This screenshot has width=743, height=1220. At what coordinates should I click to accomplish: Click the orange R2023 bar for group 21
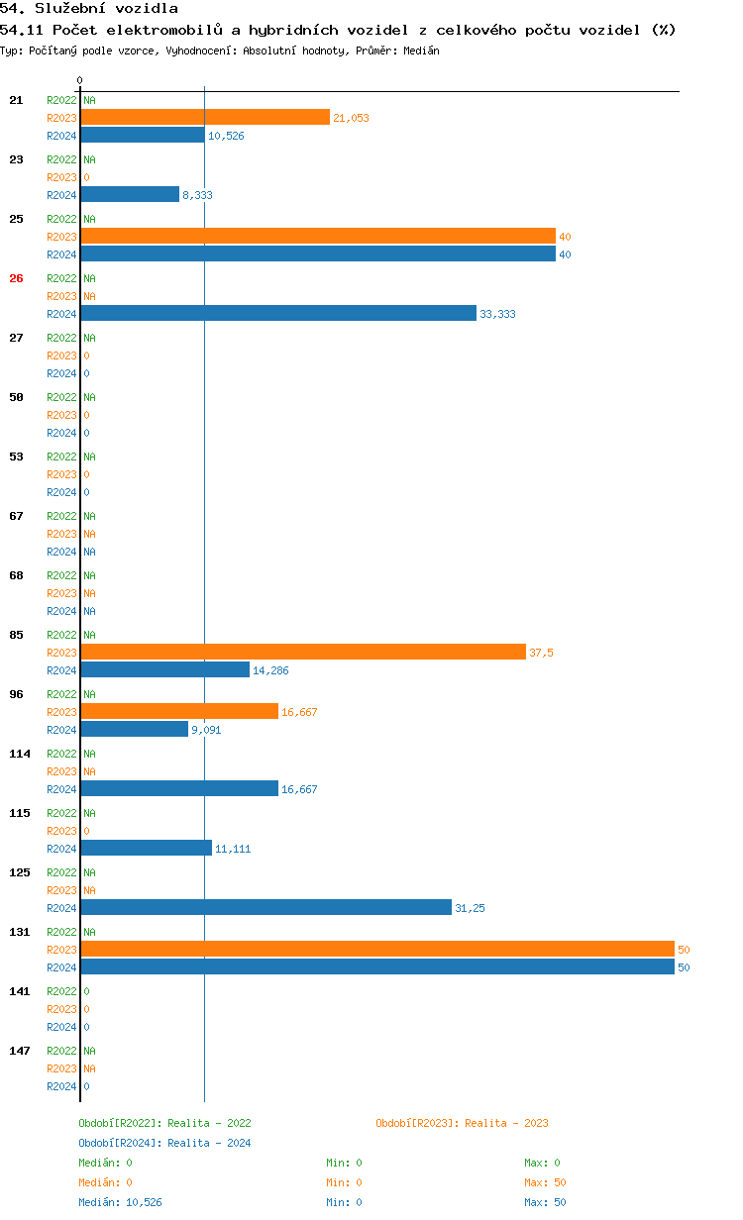pos(205,117)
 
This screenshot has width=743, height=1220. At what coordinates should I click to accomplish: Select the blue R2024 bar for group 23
pos(130,194)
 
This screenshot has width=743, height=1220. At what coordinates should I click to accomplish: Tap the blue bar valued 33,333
pos(278,313)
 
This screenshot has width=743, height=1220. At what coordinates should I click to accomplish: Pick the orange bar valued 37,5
pos(303,652)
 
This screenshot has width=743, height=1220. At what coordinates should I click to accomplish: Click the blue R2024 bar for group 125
pos(265,907)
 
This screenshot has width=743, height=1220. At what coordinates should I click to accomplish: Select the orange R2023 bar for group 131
pos(377,949)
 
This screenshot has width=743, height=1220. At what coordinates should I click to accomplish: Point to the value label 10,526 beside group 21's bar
pos(226,136)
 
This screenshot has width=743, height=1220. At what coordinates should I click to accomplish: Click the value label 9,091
pos(207,730)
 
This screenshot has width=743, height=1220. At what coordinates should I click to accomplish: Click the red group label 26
pos(16,278)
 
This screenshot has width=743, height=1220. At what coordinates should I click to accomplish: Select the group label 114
pos(19,754)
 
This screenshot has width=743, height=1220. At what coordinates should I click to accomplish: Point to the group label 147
pos(19,1051)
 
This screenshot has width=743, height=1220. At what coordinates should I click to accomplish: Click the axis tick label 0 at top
pos(80,80)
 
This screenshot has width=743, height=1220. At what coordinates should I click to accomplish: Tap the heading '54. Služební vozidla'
pos(89,9)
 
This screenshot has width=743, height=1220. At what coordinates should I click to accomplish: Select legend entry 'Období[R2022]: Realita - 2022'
pos(164,1123)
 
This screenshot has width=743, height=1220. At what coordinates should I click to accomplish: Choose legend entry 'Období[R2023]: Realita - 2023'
pos(462,1123)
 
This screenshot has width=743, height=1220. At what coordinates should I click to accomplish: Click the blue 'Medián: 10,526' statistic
pos(120,1202)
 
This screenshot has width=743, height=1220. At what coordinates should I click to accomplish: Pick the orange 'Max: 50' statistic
pos(545,1182)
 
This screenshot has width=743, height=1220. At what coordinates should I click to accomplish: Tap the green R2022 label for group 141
pos(61,991)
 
